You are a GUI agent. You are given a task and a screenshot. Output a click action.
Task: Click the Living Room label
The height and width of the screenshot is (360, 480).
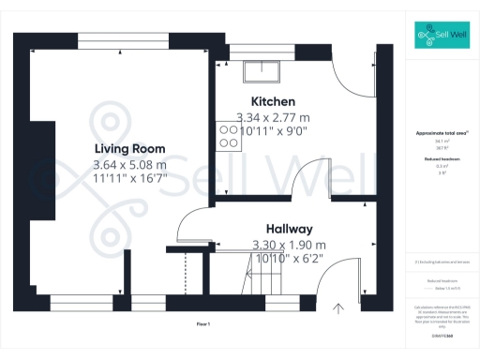pyautogui.click(x=129, y=149)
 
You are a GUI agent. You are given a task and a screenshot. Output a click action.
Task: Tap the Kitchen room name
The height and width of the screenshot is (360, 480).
pyautogui.click(x=273, y=101)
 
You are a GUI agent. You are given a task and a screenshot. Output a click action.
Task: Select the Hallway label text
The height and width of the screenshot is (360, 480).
pyautogui.click(x=289, y=229)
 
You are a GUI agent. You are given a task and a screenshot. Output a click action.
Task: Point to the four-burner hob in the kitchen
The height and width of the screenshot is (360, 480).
pyautogui.click(x=228, y=137)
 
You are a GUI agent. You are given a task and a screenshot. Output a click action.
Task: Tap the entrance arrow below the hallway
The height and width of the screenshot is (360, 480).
pyautogui.click(x=337, y=307)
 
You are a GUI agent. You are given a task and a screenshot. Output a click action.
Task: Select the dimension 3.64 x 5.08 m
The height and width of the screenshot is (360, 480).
pyautogui.click(x=129, y=165)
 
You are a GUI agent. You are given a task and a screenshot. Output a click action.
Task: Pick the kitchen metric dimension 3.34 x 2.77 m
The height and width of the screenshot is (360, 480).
pyautogui.click(x=273, y=117)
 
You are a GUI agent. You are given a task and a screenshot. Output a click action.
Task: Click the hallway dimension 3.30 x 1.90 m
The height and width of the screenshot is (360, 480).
pyautogui.click(x=289, y=245)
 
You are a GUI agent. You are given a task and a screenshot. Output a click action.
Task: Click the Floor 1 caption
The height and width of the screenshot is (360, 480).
pyautogui.click(x=202, y=323)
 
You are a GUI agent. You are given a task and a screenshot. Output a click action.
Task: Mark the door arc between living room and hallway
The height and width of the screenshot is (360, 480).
pyautogui.click(x=190, y=225)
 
